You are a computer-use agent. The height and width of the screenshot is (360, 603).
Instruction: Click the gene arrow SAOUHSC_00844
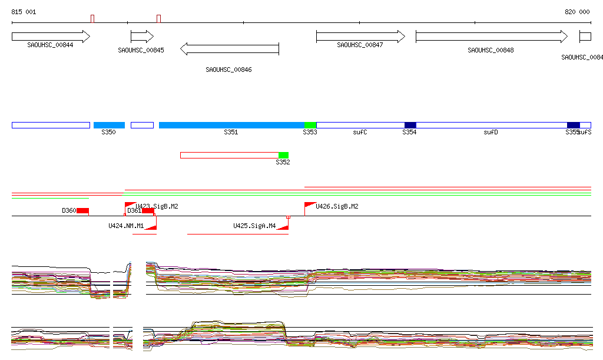51,37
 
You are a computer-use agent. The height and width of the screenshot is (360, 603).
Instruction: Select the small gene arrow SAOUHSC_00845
141,37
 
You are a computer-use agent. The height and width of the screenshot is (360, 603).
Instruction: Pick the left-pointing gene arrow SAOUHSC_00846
230,49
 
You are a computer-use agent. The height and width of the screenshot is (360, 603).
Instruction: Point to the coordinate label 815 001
24,12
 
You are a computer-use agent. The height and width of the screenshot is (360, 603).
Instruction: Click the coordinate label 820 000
577,12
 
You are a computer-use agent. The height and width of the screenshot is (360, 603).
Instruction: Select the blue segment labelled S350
109,125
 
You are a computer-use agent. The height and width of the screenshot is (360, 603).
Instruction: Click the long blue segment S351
231,125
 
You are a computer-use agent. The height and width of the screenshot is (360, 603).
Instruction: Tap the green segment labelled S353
310,125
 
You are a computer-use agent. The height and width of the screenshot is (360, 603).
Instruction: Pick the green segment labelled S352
283,155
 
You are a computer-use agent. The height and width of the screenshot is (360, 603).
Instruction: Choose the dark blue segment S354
410,125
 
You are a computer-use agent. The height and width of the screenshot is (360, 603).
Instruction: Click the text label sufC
360,133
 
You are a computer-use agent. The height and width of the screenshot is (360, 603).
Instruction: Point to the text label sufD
491,133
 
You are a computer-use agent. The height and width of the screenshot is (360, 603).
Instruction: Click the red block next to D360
82,211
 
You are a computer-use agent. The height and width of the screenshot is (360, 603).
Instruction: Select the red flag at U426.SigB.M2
309,205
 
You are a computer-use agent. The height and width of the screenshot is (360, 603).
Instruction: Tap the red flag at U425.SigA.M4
283,227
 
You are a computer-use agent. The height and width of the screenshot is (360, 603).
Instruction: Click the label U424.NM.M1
126,226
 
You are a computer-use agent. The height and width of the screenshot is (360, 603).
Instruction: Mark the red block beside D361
148,211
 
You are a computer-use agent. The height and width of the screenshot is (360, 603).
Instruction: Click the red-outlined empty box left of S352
229,155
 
